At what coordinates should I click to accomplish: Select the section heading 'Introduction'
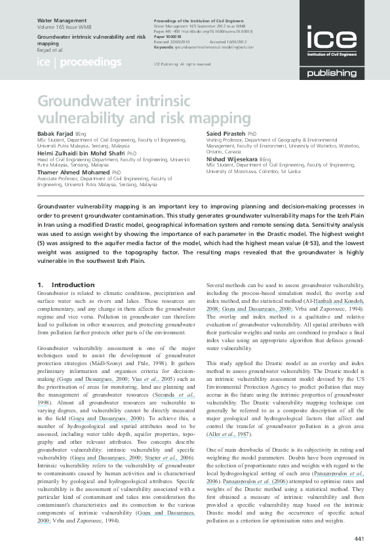(73, 285)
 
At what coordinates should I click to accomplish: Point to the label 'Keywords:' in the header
(164, 48)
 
